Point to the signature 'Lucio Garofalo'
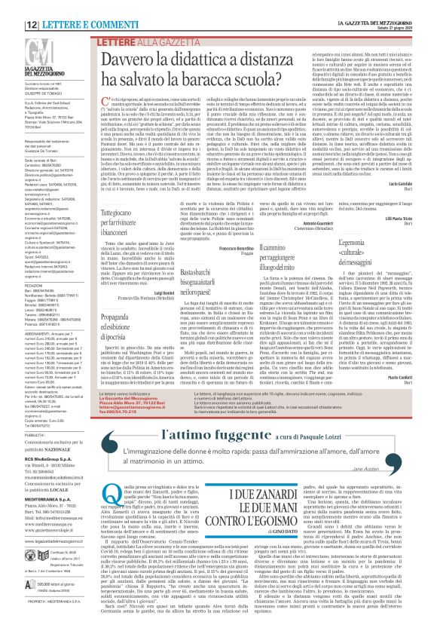(x=405, y=184)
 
